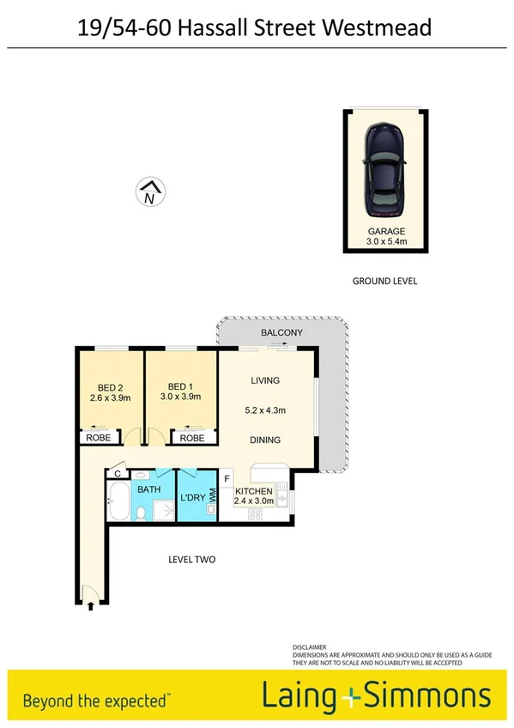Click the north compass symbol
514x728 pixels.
click(x=150, y=192)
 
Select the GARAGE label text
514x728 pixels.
click(x=386, y=232)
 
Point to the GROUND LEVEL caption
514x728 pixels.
click(x=385, y=281)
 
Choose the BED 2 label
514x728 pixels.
click(x=108, y=385)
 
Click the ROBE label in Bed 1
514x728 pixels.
click(x=192, y=438)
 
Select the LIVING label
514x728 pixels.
click(x=266, y=380)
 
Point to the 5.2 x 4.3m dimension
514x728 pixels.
click(x=266, y=409)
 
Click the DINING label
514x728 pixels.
click(x=266, y=440)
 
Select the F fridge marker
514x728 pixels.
click(x=227, y=479)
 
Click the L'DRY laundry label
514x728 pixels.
click(x=190, y=498)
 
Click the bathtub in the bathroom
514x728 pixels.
click(x=118, y=504)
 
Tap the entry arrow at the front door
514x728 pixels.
click(x=90, y=606)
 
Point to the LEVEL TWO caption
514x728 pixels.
click(x=191, y=560)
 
